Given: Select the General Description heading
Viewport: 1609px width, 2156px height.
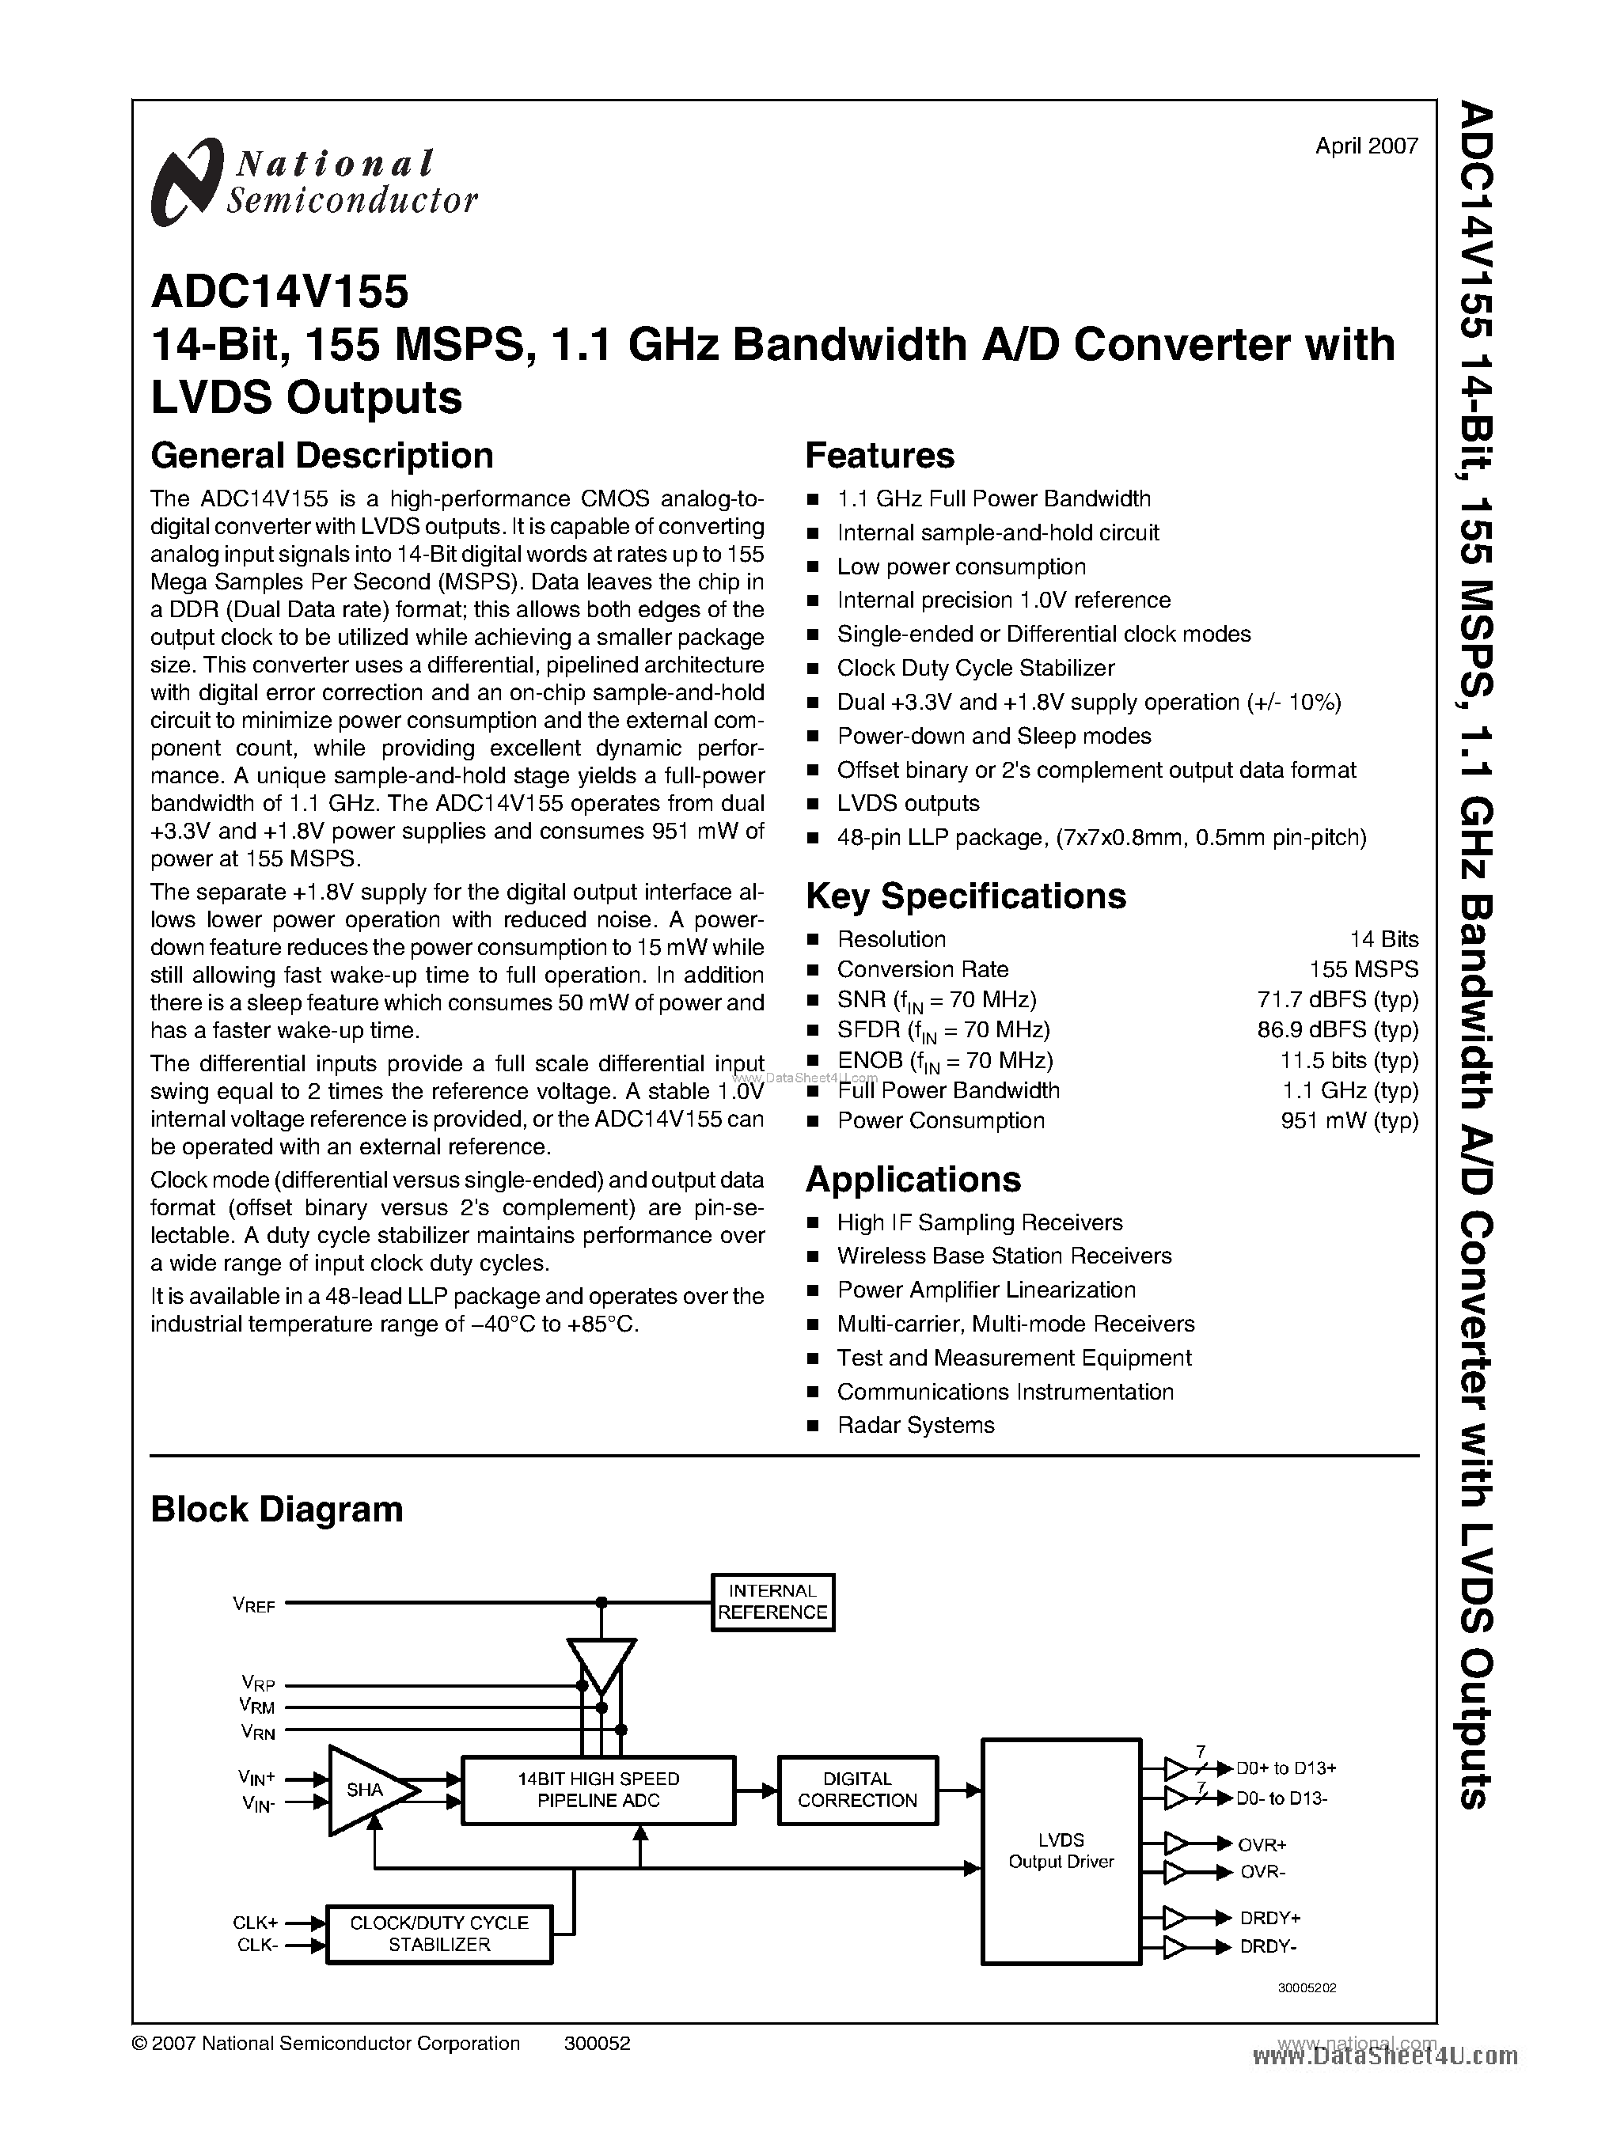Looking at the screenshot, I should [321, 456].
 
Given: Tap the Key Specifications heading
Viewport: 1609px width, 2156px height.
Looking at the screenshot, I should [966, 896].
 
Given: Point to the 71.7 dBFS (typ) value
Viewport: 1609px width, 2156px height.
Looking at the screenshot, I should [1338, 999].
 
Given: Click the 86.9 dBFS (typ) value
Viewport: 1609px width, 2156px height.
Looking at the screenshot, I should [1338, 1029].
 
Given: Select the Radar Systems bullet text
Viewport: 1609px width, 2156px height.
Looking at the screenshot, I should [916, 1425].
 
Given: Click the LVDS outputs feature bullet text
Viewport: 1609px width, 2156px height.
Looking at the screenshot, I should [908, 803].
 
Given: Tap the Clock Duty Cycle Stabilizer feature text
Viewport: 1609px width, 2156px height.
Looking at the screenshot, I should [975, 668].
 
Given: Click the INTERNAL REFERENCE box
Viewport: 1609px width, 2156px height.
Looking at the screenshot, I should [772, 1602].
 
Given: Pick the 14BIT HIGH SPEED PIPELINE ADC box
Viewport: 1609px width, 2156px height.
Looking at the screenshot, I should [598, 1790].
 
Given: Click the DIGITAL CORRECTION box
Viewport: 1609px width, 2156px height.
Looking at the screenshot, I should [857, 1790].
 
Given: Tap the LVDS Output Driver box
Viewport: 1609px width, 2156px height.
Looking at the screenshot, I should [1061, 1851].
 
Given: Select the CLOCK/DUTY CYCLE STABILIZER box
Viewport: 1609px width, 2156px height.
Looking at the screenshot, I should [439, 1934].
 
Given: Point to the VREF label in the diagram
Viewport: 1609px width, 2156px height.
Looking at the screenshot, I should [254, 1604].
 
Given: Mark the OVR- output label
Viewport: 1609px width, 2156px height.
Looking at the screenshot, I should [1262, 1872].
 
